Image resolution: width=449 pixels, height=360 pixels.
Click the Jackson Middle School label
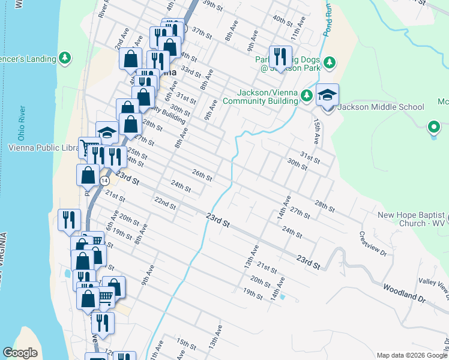[381, 107]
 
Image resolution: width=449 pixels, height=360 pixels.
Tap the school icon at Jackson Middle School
[327, 95]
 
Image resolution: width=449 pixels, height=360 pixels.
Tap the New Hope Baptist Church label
[412, 219]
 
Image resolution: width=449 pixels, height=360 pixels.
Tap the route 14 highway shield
[104, 180]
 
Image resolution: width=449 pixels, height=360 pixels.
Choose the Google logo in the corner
[20, 353]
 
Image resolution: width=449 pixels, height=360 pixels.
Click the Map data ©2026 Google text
[411, 355]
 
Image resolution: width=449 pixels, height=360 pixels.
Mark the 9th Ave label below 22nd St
[147, 274]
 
